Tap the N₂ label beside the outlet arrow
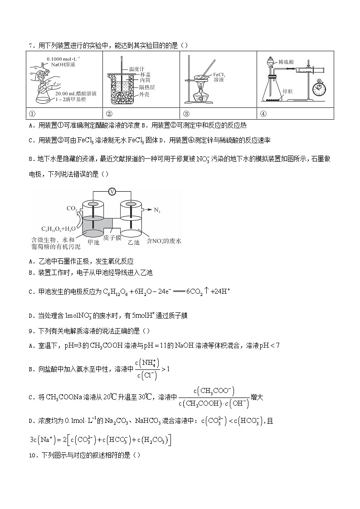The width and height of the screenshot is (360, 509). pos(157,210)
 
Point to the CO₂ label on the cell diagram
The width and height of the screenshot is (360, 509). pos(72,208)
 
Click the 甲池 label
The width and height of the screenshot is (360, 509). pos(93,242)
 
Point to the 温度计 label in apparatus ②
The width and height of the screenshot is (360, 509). pos(136,69)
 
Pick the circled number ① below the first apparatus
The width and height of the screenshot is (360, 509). pos(31,113)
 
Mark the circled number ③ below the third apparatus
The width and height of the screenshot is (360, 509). pos(186,113)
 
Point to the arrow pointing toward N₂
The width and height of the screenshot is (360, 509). pos(146,210)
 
